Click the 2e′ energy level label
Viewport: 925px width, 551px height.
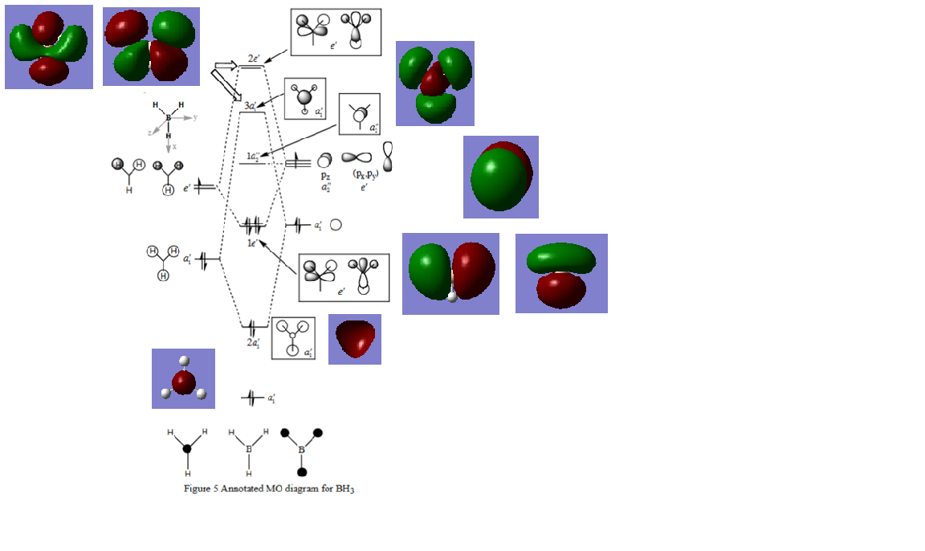(253, 59)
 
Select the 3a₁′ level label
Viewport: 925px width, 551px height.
(251, 105)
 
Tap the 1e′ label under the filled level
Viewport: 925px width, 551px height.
(251, 242)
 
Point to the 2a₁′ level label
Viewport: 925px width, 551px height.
(253, 342)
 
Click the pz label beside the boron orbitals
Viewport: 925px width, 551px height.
(325, 174)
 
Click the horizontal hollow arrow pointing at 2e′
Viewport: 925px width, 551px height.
(226, 66)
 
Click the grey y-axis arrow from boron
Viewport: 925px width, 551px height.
(186, 117)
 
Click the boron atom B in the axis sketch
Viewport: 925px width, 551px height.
(169, 118)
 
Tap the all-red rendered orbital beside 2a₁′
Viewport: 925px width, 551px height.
(354, 339)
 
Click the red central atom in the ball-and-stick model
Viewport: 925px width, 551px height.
(184, 381)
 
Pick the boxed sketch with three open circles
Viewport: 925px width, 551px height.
(293, 338)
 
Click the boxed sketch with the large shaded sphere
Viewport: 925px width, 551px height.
(305, 99)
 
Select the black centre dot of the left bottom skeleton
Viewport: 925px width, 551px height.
(187, 449)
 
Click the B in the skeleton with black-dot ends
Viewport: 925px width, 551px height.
(302, 450)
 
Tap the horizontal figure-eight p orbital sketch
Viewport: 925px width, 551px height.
(357, 158)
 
